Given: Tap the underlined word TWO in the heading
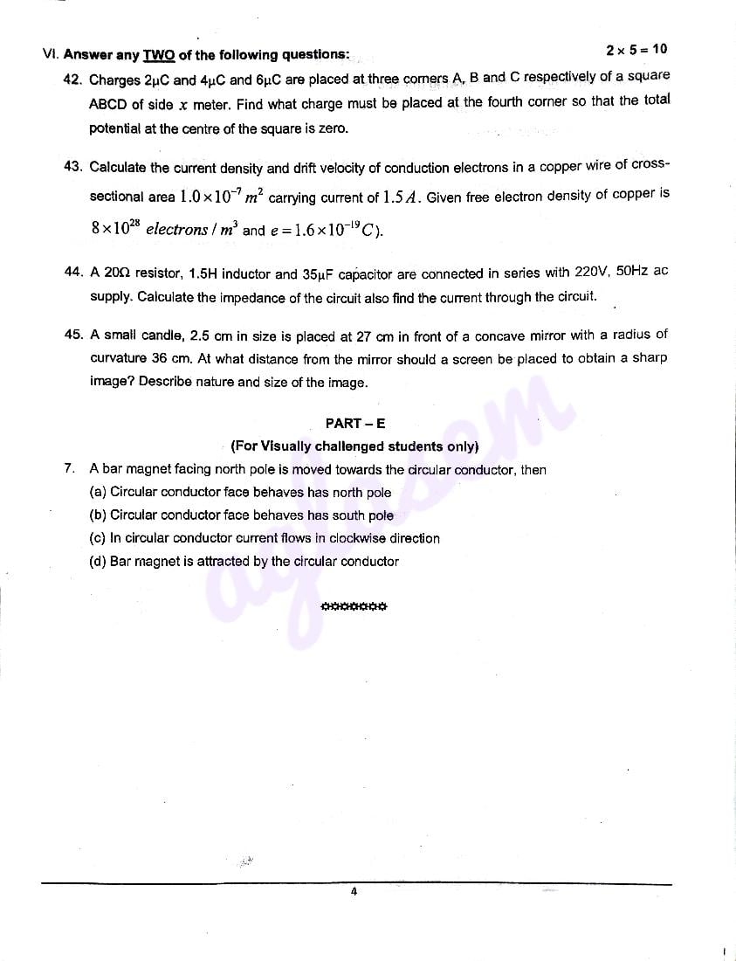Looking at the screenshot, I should point(159,55).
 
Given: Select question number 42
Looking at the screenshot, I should point(73,80).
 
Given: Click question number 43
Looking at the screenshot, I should point(73,166).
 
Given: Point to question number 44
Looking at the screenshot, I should point(73,272).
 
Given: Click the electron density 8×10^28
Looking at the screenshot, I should point(115,229).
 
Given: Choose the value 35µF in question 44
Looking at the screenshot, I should point(320,273).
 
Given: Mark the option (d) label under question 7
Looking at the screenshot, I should point(98,562).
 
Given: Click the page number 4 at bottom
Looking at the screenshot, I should point(354,892).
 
